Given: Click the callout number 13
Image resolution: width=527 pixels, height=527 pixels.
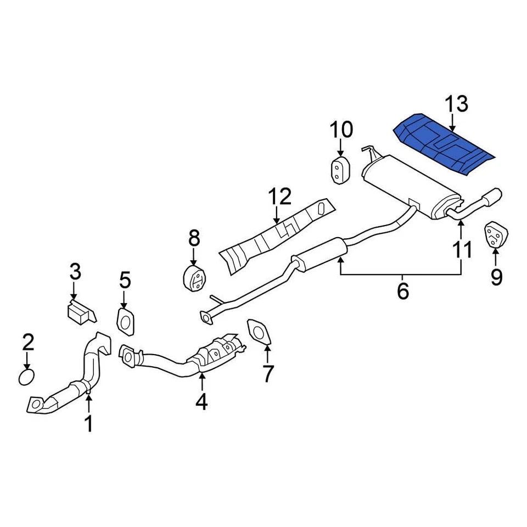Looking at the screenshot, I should pos(456,103).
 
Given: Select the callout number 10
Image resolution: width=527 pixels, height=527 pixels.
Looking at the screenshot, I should pos(340,130).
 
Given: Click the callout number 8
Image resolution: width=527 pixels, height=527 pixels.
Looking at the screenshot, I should pos(194,238).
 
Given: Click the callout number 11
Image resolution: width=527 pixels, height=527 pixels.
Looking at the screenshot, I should pos(462,249).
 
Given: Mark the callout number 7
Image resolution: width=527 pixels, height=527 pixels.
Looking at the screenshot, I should pos(267,373).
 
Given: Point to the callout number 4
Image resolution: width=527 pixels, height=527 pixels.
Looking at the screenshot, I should pos(201,402).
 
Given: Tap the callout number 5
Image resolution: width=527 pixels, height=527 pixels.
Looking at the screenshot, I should pos(126,281).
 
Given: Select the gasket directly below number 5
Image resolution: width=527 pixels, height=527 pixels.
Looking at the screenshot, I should pos(126,321).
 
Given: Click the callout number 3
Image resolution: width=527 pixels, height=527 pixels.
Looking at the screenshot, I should pos(75,271).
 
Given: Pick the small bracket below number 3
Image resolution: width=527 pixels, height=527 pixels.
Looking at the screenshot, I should pos(79,311).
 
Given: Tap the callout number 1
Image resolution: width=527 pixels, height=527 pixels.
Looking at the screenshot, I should pos(88,424).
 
